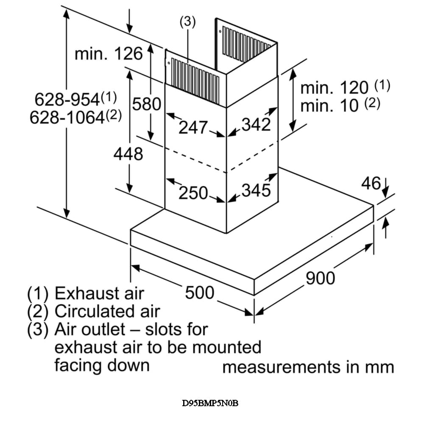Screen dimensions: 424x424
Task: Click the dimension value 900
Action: point(320,278)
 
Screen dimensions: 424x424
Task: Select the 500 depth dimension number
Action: point(199,292)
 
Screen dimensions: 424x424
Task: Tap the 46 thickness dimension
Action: point(371,183)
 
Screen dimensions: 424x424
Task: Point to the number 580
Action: point(147,104)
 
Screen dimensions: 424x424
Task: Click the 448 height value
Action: point(128,154)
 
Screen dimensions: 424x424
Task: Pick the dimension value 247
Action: point(193,127)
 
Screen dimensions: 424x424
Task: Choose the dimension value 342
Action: point(256,125)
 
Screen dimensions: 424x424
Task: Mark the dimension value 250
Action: point(193,193)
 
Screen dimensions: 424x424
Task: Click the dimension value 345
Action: point(256,190)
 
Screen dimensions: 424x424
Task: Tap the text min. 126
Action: point(109,54)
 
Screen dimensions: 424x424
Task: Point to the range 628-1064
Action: point(67,117)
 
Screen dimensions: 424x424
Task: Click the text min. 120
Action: point(334,88)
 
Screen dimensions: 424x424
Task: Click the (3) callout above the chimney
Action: point(187,22)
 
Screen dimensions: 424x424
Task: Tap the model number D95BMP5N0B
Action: point(210,403)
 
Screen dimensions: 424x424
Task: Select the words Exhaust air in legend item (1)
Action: point(100,293)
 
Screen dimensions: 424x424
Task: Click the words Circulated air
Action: point(107,311)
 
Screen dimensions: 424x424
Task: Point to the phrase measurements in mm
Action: point(308,367)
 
